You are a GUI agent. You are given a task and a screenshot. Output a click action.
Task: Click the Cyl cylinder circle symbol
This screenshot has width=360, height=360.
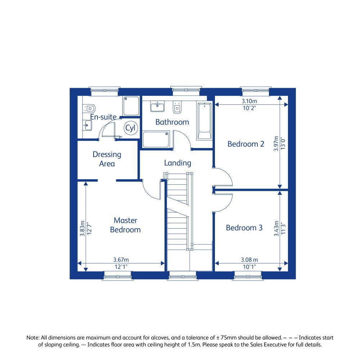[129, 128]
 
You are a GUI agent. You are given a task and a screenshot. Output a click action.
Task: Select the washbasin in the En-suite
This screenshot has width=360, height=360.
[87, 125]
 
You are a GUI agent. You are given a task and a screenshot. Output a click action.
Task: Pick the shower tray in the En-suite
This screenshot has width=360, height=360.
[131, 106]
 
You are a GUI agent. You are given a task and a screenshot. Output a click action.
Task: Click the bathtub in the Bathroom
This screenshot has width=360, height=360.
[204, 121]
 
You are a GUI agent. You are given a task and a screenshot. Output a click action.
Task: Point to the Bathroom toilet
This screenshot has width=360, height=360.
[177, 108]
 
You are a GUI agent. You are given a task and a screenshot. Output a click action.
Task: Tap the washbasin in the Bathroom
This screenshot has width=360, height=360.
[157, 107]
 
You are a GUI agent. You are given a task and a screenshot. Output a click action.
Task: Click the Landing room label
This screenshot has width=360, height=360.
[177, 163]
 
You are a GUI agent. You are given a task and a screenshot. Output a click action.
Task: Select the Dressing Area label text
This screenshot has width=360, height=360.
[107, 159]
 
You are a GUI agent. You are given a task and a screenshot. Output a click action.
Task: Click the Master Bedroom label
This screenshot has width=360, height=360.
[125, 225]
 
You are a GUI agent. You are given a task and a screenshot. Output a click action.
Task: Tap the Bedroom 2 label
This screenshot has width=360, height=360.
[246, 144]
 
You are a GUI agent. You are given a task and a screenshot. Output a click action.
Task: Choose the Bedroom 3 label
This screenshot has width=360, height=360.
[244, 228]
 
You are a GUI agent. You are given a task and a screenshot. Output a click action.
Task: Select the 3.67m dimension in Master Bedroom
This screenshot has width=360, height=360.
[121, 260]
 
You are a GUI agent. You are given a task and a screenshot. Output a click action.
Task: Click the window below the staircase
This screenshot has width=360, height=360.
[182, 277]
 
